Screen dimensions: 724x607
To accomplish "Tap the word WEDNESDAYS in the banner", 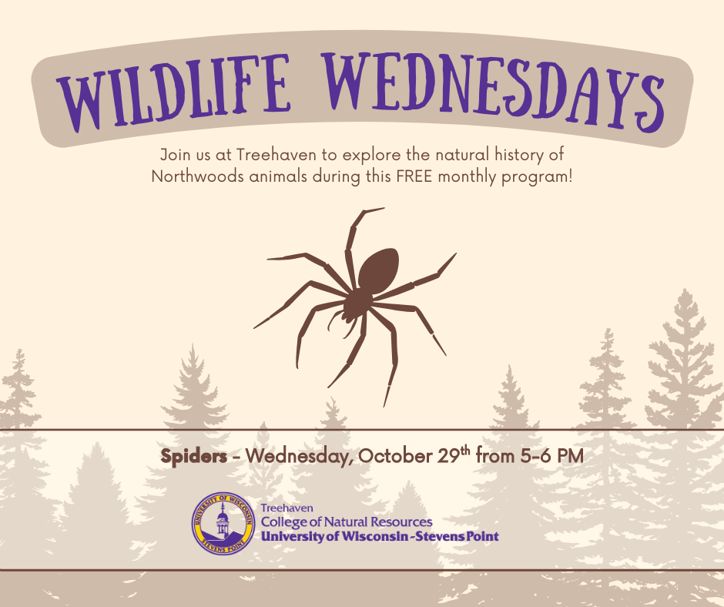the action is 494,91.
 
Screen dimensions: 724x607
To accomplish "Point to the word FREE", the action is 414,176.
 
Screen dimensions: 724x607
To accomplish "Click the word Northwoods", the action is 198,176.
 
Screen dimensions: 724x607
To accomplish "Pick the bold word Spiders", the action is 193,456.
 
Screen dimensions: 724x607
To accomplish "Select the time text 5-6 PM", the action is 551,456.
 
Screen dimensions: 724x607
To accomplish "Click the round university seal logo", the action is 223,523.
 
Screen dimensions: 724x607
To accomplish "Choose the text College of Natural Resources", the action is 347,522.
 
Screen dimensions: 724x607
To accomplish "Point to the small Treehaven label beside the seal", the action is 287,508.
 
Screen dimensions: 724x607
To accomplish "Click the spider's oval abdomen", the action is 379,270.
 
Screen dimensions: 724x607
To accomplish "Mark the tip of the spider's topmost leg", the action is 384,208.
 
